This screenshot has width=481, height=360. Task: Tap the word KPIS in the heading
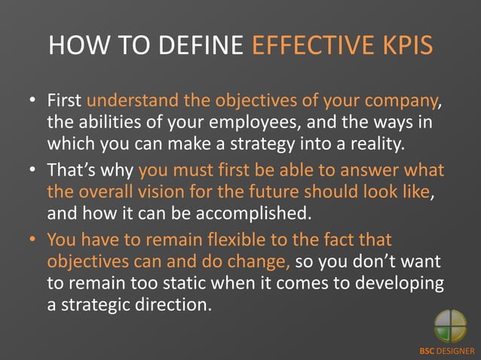pos(408,46)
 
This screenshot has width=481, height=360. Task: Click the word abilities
pos(104,122)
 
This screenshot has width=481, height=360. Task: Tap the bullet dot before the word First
pos(34,101)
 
